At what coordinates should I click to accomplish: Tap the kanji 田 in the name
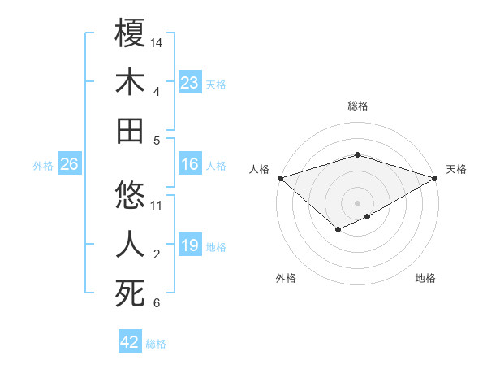point(130,130)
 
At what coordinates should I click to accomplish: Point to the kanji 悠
point(130,195)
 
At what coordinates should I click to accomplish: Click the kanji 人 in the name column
point(130,245)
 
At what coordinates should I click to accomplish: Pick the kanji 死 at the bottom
point(130,293)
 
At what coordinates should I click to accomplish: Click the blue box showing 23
point(190,82)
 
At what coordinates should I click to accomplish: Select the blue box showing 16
point(190,165)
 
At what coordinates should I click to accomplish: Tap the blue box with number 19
point(190,245)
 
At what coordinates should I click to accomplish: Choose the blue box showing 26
point(69,165)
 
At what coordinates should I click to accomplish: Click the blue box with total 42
point(130,342)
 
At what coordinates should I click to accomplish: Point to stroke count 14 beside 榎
point(157,41)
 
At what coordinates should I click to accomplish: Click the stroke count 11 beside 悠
point(157,205)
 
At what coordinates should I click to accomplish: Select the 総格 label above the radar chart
point(357,106)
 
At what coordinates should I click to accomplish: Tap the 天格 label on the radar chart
point(456,169)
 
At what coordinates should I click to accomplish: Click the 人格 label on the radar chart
point(259,169)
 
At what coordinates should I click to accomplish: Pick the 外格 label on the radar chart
point(285,278)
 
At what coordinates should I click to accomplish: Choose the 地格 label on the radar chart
point(425,278)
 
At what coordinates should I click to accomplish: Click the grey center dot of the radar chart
point(357,202)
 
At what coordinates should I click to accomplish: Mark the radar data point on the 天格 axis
point(435,177)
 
